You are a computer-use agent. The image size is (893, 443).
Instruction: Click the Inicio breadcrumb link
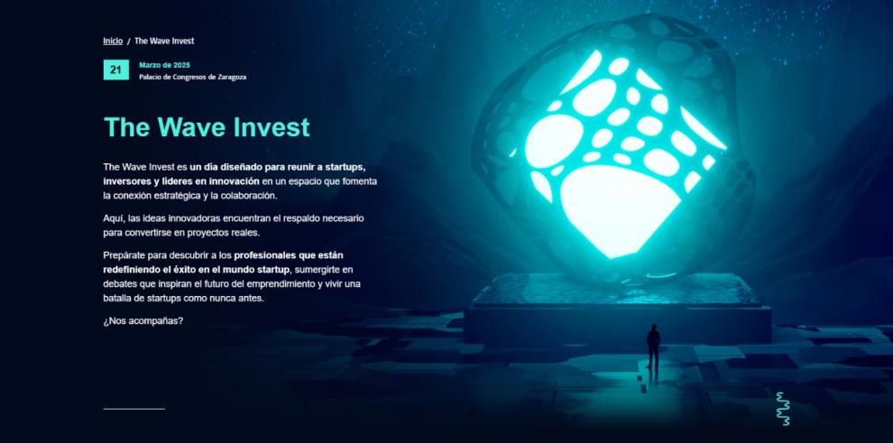(113, 41)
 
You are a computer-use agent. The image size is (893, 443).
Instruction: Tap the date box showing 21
(116, 69)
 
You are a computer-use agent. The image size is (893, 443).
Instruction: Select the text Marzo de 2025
(164, 65)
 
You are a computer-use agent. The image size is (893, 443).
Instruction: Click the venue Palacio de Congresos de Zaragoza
(192, 77)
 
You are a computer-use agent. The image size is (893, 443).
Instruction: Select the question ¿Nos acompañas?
(143, 320)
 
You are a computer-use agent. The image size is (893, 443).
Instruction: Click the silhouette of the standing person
(653, 346)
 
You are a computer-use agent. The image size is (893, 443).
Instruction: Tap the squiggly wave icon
(784, 409)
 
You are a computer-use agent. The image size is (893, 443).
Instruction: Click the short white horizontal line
(133, 409)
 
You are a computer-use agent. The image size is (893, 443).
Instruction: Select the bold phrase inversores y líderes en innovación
(181, 181)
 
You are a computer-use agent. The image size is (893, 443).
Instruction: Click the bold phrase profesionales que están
(288, 254)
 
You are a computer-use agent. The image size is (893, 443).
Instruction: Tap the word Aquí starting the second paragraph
(111, 218)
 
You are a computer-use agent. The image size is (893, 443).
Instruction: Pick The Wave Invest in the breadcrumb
(164, 41)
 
